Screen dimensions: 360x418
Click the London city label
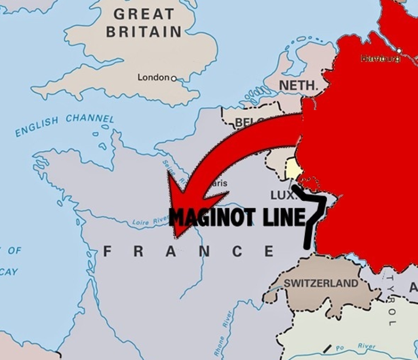click(153, 77)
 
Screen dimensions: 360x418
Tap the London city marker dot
click(174, 78)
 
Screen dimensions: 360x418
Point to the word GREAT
click(143, 14)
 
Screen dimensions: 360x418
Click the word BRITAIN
click(143, 32)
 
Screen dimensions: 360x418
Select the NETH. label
click(299, 86)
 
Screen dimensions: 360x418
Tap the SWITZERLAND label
click(321, 283)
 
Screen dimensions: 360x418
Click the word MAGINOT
click(213, 218)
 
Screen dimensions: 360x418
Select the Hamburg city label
click(380, 58)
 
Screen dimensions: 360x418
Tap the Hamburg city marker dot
click(399, 51)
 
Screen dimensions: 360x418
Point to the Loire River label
click(150, 222)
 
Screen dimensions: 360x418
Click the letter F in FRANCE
click(108, 251)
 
